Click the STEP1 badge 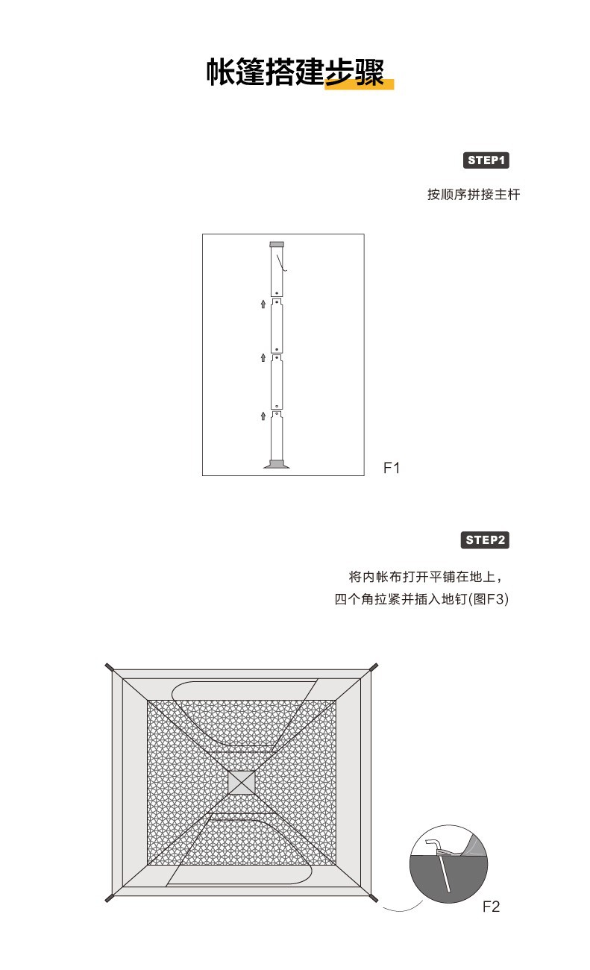(x=486, y=160)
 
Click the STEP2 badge (x=486, y=539)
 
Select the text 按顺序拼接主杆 (x=473, y=195)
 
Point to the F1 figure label (x=392, y=469)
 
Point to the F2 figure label (x=491, y=907)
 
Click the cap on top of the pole (x=277, y=244)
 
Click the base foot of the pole (x=277, y=465)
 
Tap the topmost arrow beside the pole (x=263, y=303)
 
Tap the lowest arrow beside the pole (x=263, y=415)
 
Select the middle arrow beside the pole (x=263, y=357)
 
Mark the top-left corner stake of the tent (x=109, y=667)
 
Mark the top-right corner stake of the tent (x=374, y=667)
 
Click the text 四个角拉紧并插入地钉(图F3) (x=421, y=599)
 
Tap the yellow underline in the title (x=359, y=84)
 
